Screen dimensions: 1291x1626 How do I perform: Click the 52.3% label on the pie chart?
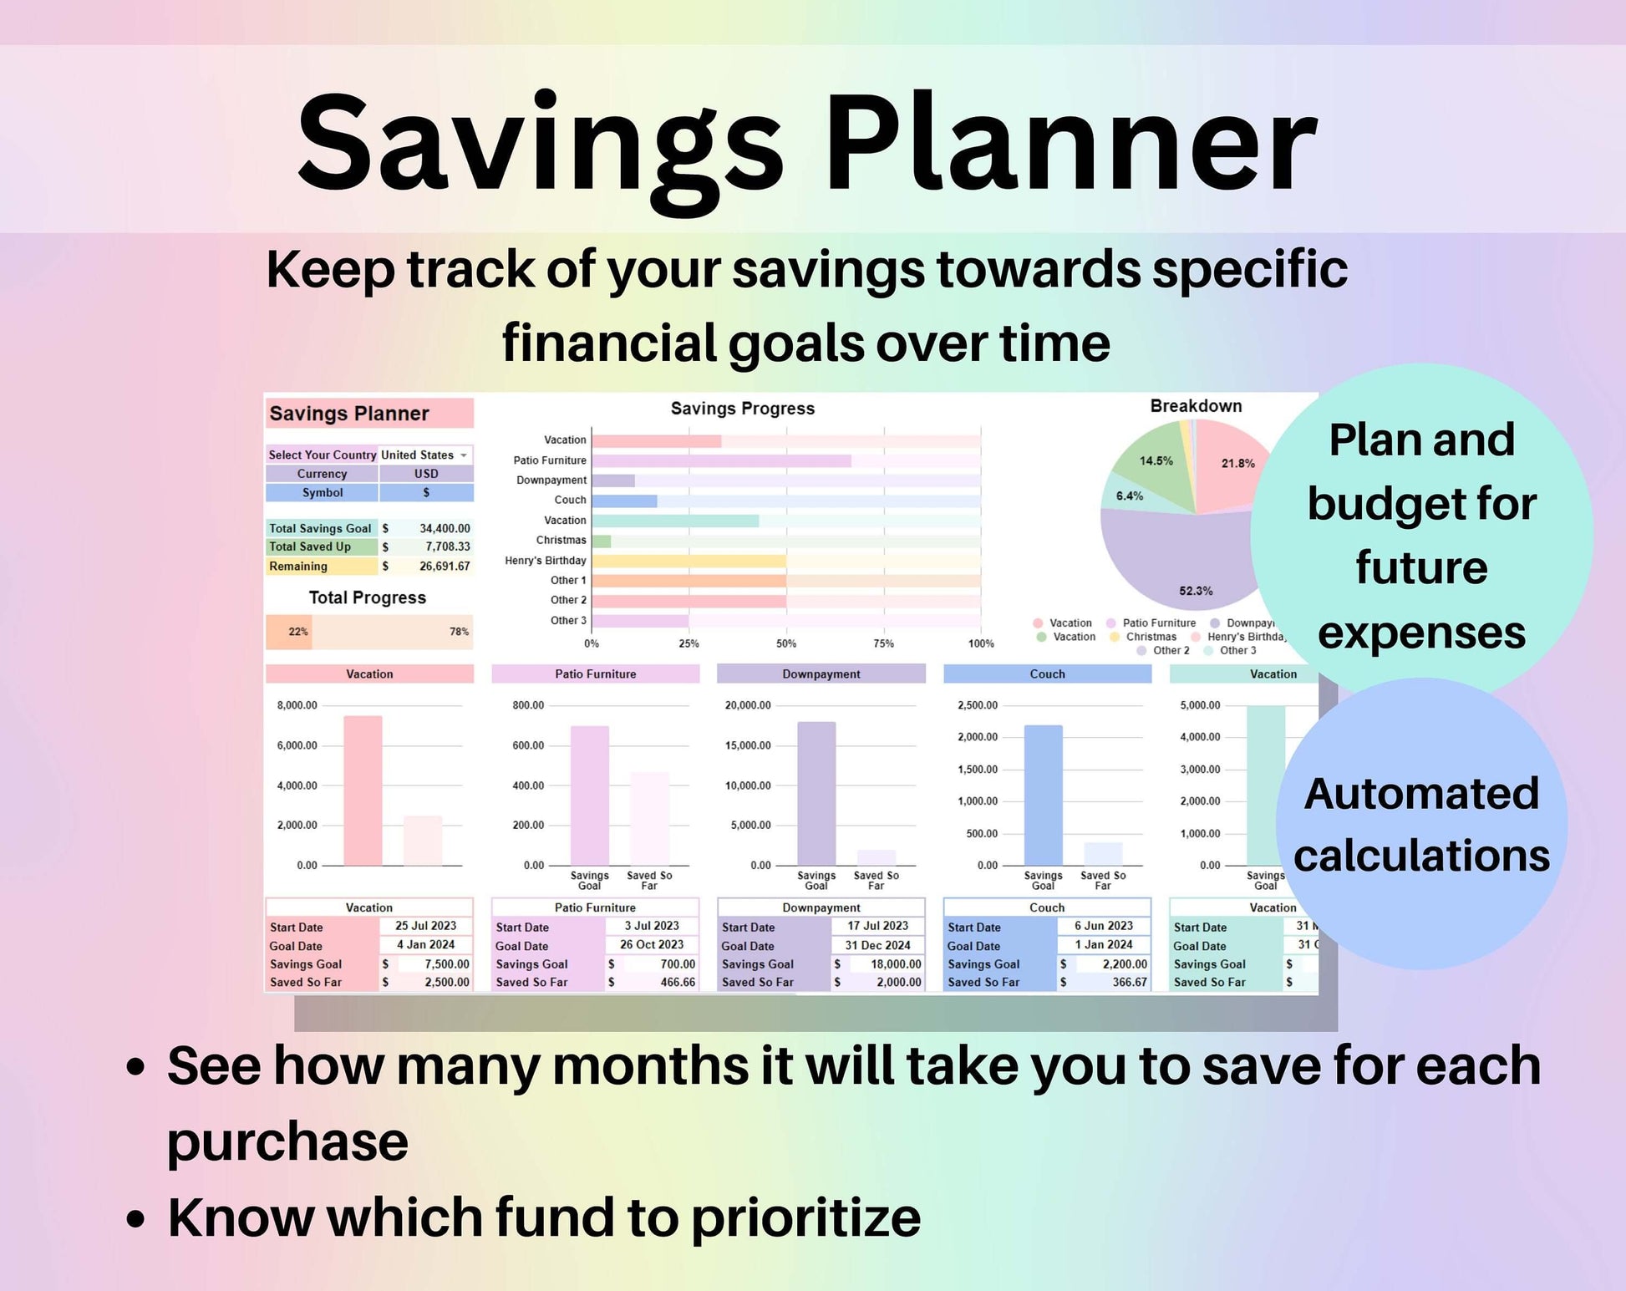[x=1196, y=591]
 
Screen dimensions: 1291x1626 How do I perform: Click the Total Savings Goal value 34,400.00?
[x=444, y=528]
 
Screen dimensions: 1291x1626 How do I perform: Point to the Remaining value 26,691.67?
[x=444, y=566]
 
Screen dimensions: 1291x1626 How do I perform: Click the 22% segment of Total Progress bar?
[x=288, y=632]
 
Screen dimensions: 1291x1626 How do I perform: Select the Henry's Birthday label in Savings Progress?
[x=545, y=561]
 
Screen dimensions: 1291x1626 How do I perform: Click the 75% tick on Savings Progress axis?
[x=883, y=643]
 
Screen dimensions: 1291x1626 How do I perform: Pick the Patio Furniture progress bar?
[x=720, y=460]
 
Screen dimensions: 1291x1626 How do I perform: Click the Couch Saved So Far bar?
[x=1102, y=853]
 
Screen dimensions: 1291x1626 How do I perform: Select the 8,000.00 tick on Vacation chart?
[x=297, y=705]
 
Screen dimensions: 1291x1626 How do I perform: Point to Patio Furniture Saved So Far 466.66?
[x=677, y=982]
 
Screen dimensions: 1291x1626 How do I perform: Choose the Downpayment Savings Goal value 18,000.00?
[x=895, y=963]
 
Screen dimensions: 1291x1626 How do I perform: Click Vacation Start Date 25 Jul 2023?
[x=425, y=926]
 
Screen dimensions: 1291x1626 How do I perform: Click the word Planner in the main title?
[x=1070, y=144]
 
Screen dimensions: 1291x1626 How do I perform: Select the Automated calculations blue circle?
[x=1420, y=824]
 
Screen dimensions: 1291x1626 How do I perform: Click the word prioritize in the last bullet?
[x=805, y=1217]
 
